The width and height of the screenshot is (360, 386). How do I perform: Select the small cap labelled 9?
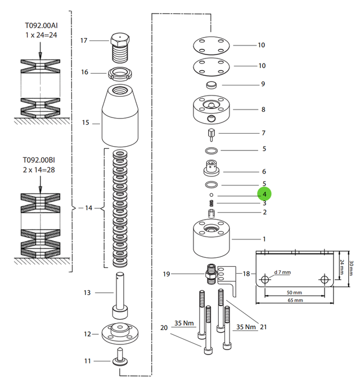[x=211, y=85]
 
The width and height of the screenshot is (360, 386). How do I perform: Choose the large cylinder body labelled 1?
[x=212, y=238]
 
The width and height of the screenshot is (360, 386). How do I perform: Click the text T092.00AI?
[x=40, y=25]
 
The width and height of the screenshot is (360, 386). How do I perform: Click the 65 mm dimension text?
[x=294, y=301]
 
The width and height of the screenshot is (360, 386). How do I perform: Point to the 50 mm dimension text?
[x=294, y=293]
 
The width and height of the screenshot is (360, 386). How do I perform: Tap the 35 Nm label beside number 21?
[x=246, y=326]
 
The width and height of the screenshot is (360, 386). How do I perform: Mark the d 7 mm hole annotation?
[x=282, y=273]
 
